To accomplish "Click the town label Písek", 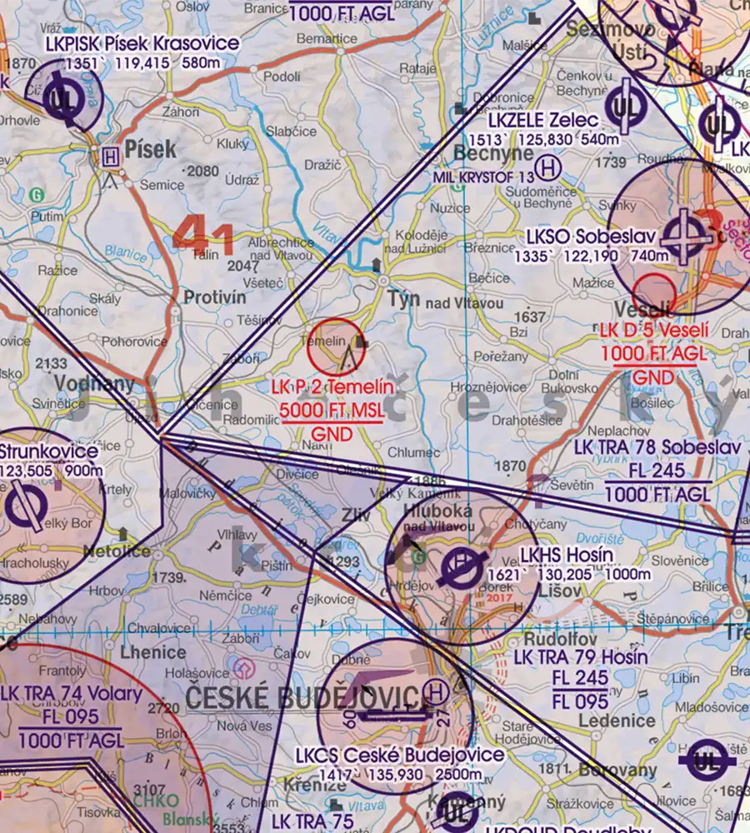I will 150,149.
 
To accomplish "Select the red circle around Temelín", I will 337,346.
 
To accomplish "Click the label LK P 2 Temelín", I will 331,388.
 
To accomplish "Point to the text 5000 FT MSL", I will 331,412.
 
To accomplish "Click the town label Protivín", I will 215,297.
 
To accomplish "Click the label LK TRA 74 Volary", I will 72,694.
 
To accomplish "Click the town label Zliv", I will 356,516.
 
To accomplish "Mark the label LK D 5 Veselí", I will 653,331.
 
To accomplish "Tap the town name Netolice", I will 117,551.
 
